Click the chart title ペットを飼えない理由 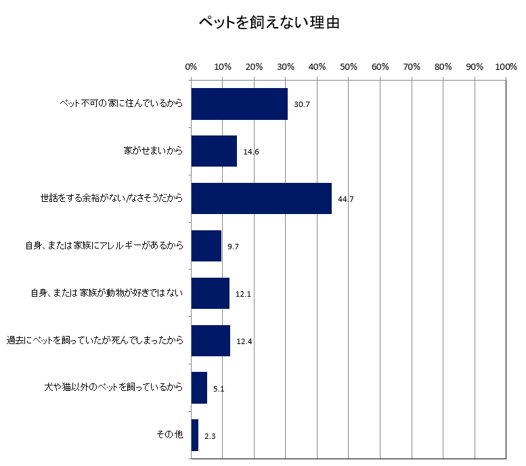click(269, 23)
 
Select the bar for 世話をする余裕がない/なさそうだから click(261, 198)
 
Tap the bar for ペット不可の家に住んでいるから click(240, 104)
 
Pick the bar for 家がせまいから click(214, 151)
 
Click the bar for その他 click(195, 435)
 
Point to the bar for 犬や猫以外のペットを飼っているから click(199, 387)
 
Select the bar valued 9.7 click(206, 246)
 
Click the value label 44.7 click(346, 199)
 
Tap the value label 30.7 click(302, 105)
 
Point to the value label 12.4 click(244, 341)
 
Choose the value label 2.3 click(210, 436)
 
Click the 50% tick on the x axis click(349, 67)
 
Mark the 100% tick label click(506, 67)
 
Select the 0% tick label click(191, 67)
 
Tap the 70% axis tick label click(412, 67)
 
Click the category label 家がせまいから click(154, 151)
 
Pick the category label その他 click(170, 435)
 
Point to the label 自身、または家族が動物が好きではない click(107, 293)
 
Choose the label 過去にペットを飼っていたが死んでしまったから click(95, 341)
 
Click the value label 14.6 click(251, 152)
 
